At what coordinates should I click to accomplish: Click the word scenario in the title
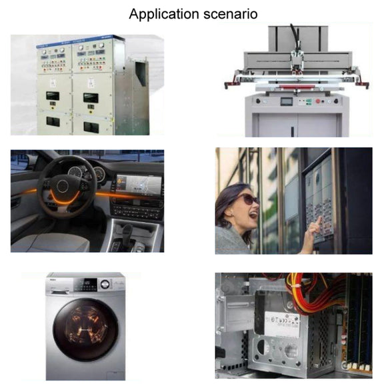click(231, 14)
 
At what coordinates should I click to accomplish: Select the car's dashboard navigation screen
click(139, 183)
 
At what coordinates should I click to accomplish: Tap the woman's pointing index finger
click(318, 221)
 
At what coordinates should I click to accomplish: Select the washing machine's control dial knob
click(105, 284)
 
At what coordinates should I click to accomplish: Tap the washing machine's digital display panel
click(86, 283)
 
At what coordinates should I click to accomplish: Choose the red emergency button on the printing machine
click(318, 101)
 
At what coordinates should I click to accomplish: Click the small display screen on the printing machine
click(287, 101)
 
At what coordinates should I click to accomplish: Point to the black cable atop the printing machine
click(295, 37)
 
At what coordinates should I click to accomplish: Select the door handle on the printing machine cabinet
click(292, 131)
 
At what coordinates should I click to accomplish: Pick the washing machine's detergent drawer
click(62, 292)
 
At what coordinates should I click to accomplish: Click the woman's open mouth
click(253, 215)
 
